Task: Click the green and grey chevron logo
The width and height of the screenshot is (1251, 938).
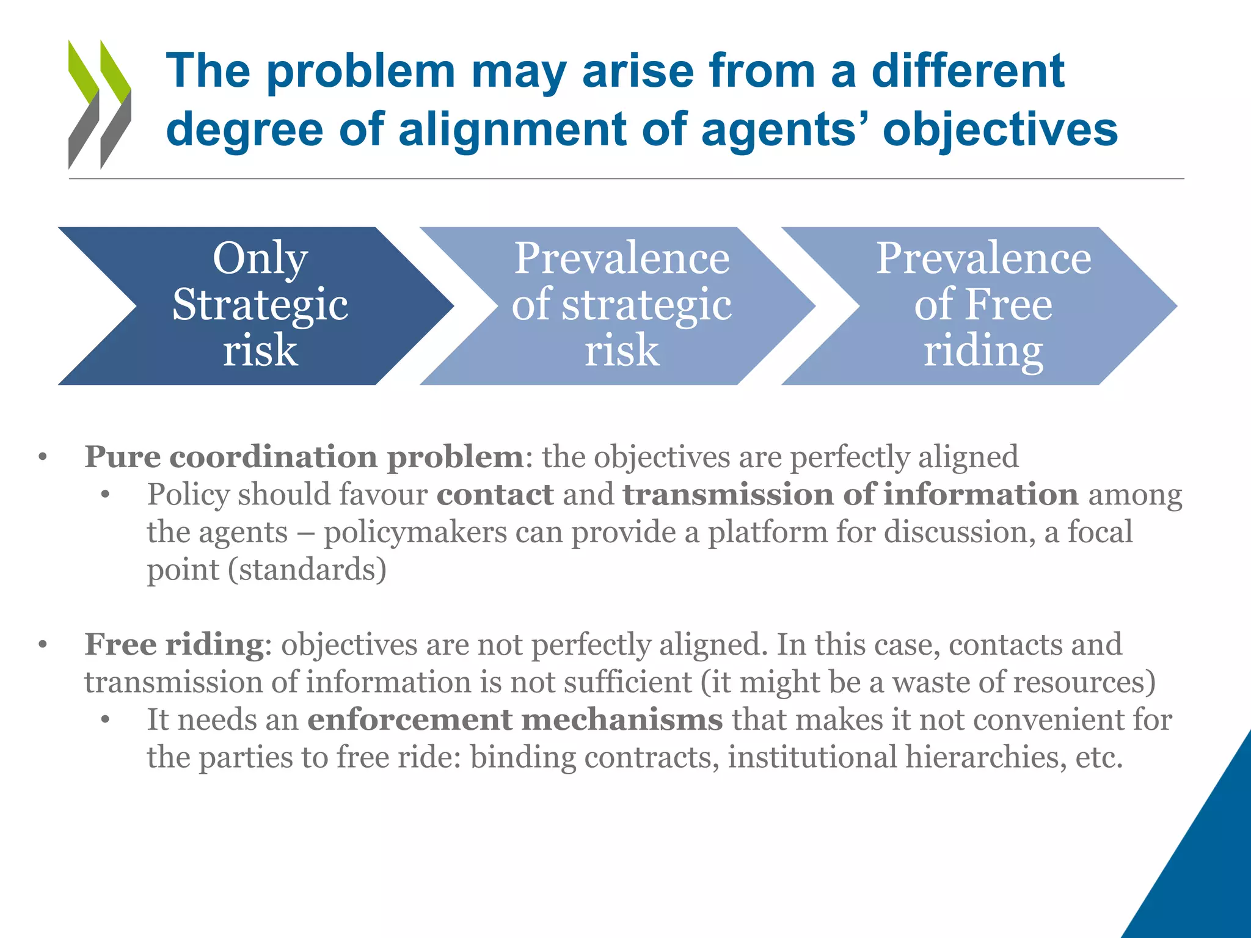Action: pos(100,104)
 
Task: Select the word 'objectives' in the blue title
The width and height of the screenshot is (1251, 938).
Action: pos(1000,129)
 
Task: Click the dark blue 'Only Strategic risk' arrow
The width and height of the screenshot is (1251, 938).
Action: pos(257,305)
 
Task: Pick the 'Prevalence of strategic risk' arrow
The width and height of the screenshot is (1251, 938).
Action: pos(620,305)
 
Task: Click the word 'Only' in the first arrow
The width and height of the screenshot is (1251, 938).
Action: pos(260,259)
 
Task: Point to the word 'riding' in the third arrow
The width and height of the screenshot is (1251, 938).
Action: pos(983,352)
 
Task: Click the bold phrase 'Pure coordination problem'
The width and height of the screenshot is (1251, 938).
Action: pos(304,457)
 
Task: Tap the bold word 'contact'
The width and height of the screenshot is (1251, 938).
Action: pos(495,494)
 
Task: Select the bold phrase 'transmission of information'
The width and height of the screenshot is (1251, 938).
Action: pos(850,494)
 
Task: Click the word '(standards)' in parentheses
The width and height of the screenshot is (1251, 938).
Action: pos(307,570)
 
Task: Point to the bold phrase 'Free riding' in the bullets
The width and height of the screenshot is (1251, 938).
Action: pos(174,644)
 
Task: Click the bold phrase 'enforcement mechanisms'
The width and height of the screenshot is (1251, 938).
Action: pos(515,719)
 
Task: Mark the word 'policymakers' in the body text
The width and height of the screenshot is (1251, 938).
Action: pos(415,533)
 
